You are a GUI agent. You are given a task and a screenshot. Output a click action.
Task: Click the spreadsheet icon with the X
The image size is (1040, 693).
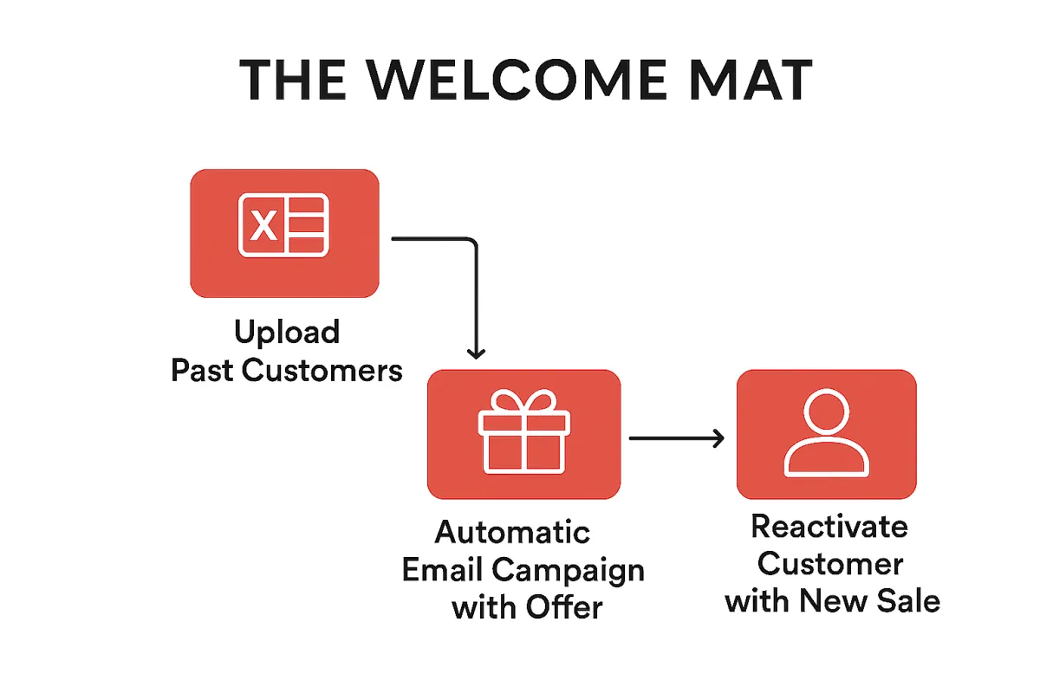[284, 225]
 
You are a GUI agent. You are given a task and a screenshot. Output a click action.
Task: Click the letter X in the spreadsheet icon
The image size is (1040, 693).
[264, 226]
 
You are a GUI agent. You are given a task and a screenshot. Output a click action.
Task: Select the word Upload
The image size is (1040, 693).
[287, 333]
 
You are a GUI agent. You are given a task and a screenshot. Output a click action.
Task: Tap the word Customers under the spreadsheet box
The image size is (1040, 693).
[322, 371]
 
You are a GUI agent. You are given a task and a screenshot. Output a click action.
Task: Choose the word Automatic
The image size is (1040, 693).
[512, 532]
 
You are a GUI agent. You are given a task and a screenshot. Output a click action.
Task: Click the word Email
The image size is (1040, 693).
[443, 570]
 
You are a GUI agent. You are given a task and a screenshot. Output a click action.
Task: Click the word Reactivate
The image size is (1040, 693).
[829, 527]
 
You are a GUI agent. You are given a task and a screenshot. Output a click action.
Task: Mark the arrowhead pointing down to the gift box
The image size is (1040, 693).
[475, 353]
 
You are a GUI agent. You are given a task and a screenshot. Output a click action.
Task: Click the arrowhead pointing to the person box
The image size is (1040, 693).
[717, 439]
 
